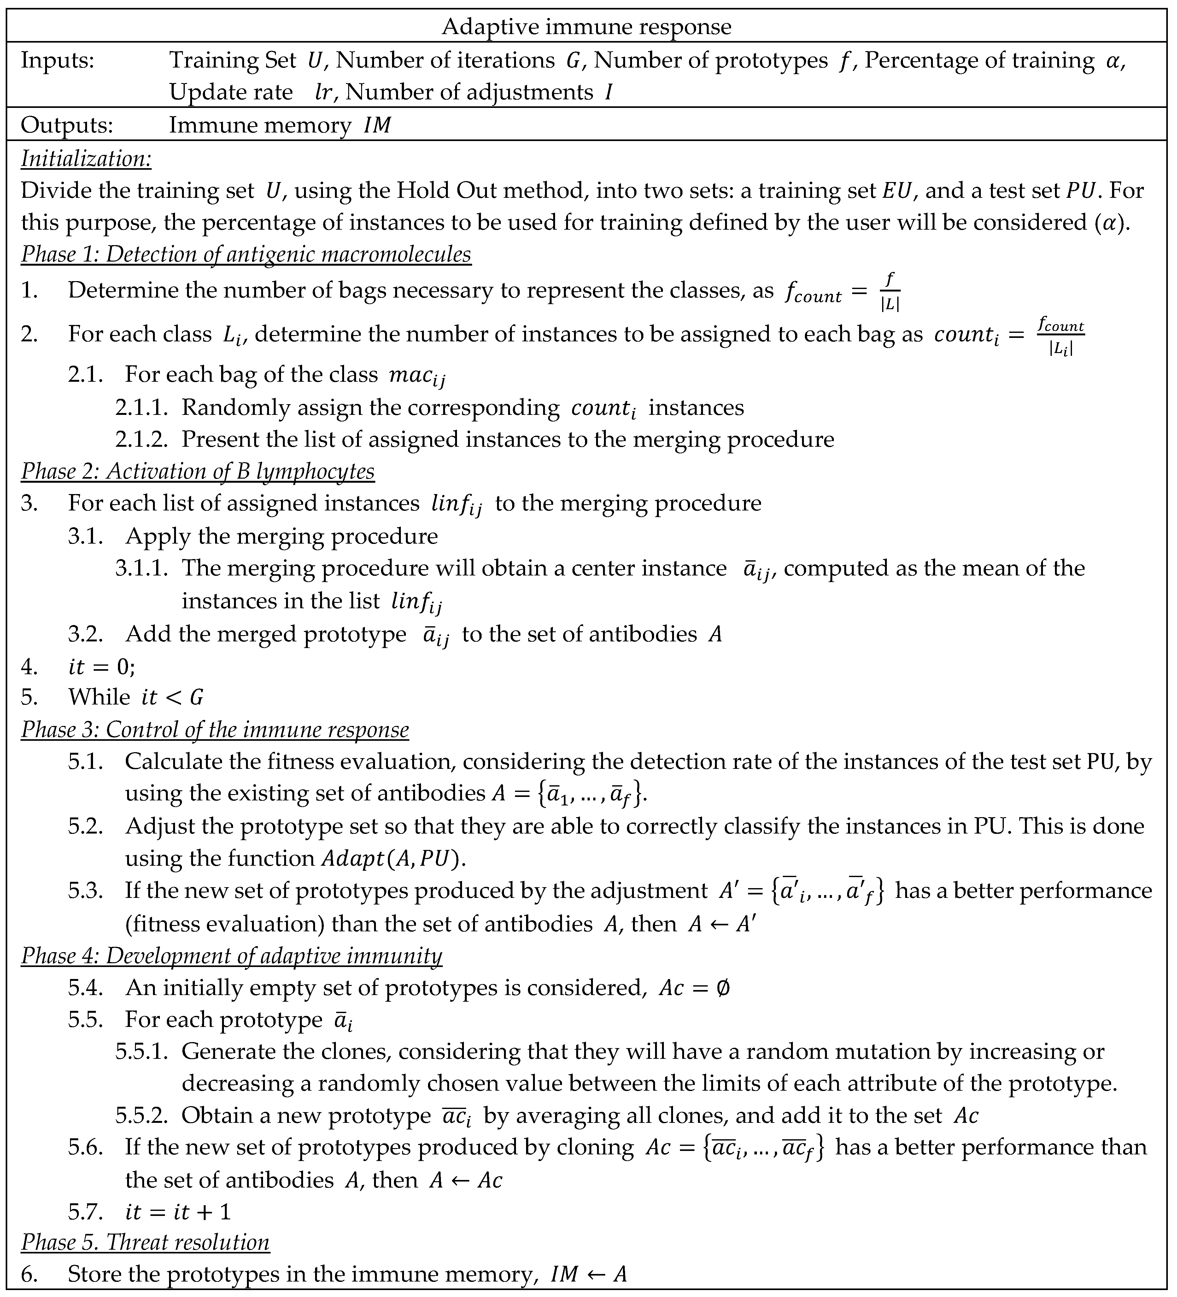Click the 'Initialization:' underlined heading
pyautogui.click(x=86, y=158)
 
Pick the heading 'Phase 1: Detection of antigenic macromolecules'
pyautogui.click(x=246, y=254)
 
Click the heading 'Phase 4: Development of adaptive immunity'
pyautogui.click(x=231, y=955)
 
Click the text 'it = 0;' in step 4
pyautogui.click(x=102, y=667)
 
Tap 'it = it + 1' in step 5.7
pyautogui.click(x=178, y=1212)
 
